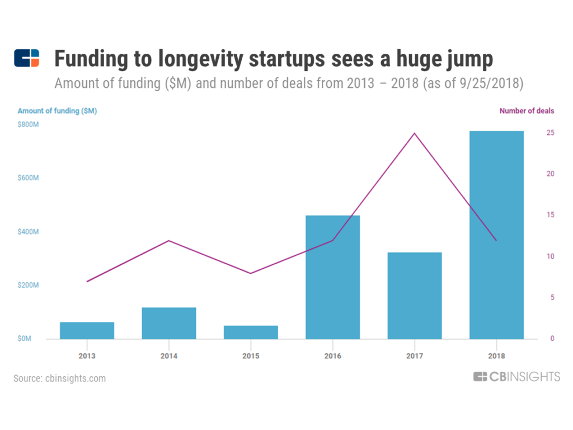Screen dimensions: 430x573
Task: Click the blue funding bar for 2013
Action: tap(87, 330)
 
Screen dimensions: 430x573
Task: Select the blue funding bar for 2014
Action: tap(169, 323)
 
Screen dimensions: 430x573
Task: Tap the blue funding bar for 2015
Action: tap(251, 332)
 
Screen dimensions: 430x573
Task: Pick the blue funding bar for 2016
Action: tap(332, 277)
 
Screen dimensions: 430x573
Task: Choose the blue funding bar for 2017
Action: tap(415, 296)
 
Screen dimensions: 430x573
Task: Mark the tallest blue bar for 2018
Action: tap(496, 235)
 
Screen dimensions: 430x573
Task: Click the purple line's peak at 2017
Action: tap(415, 133)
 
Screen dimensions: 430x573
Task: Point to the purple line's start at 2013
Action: tap(87, 281)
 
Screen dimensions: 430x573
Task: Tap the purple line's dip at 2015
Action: tap(251, 273)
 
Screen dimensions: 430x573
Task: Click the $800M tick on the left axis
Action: tap(28, 124)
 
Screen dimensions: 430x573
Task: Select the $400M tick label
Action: tap(28, 232)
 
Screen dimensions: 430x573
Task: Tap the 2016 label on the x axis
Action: tap(332, 356)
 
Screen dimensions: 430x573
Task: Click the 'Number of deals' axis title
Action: tap(527, 111)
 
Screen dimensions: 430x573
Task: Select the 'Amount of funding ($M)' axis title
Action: tap(57, 111)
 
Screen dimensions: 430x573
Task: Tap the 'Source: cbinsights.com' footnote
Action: tap(59, 378)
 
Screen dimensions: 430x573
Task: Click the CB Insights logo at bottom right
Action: tap(516, 377)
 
